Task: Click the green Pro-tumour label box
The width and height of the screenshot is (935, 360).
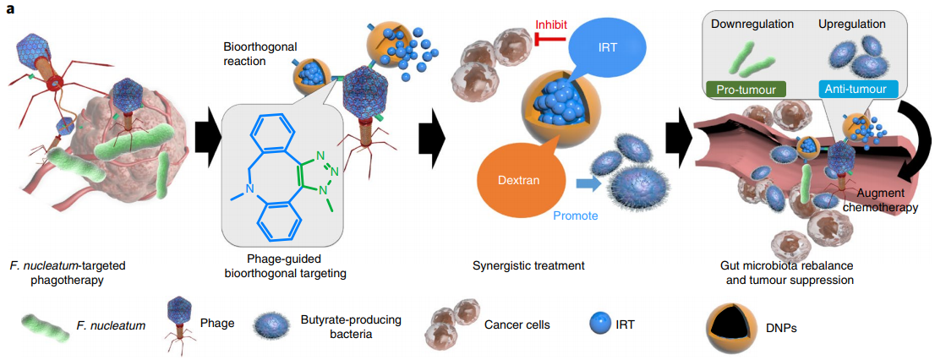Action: click(x=745, y=88)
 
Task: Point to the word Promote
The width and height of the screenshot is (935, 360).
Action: click(x=575, y=215)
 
